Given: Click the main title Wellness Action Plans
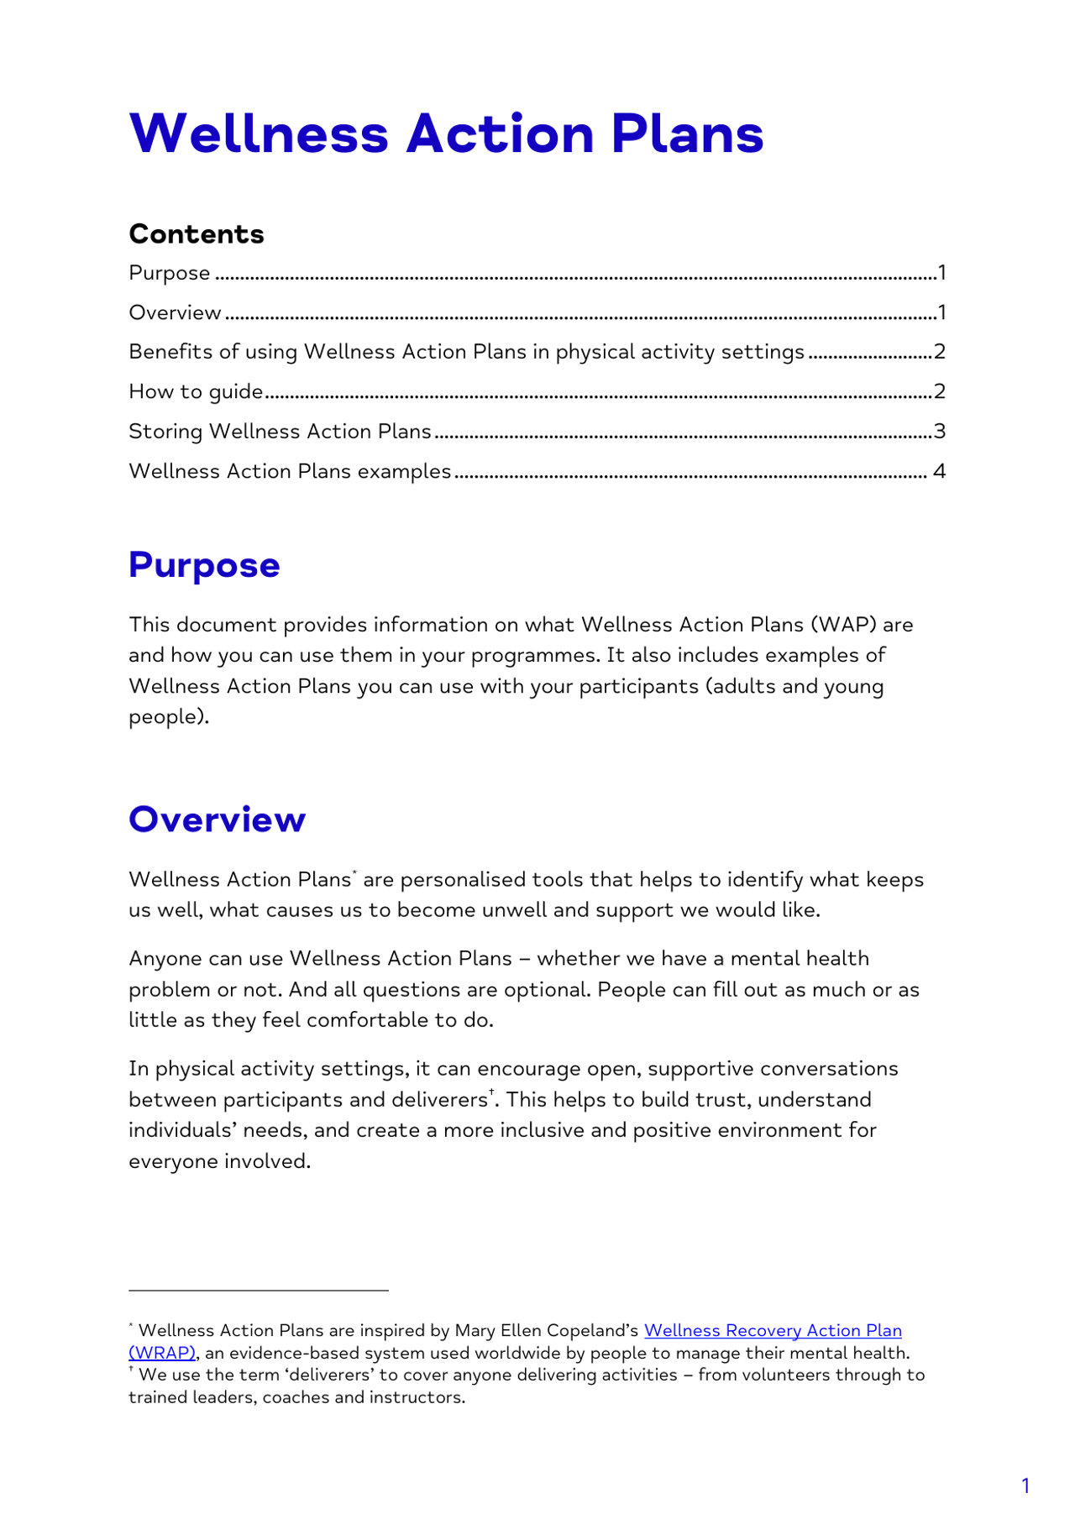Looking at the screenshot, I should tap(446, 134).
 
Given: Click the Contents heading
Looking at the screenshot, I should tap(197, 234).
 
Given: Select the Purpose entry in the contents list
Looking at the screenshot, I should tap(170, 274).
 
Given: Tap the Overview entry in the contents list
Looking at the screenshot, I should tap(175, 313).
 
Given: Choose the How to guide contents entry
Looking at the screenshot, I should tap(196, 392).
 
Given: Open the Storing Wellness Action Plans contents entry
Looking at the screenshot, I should tap(280, 432).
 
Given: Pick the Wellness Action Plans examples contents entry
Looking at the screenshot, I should tap(290, 472).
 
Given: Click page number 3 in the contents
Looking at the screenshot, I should tap(940, 432).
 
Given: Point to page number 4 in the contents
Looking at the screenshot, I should tap(939, 472).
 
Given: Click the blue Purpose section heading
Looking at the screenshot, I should tap(204, 565).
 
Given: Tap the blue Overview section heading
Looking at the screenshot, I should tap(217, 820).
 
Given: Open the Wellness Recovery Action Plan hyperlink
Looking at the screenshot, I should tap(772, 1331).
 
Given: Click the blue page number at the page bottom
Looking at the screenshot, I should tap(1025, 1485).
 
